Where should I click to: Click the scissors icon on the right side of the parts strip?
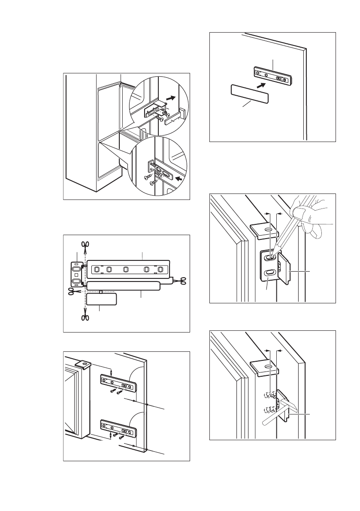click(182, 281)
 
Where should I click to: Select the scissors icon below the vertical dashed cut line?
click(85, 318)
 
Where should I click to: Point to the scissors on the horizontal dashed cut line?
click(72, 291)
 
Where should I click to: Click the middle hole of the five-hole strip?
click(125, 269)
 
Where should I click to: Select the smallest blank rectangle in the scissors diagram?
click(101, 299)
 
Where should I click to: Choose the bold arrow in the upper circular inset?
click(171, 97)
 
